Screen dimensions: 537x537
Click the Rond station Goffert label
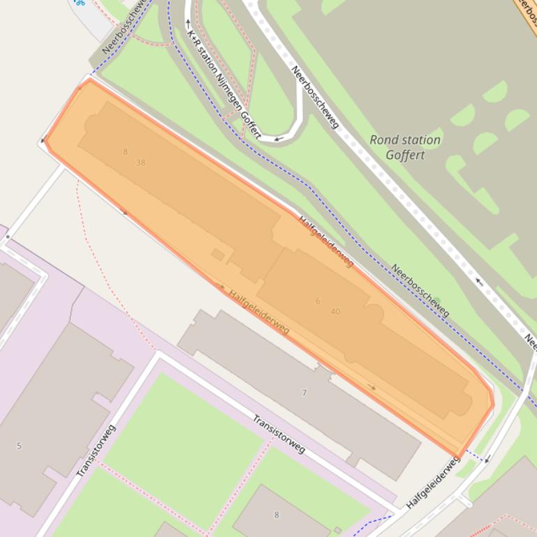tap(405, 147)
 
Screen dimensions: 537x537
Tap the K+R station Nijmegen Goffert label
tap(223, 78)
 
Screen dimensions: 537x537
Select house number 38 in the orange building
tap(141, 162)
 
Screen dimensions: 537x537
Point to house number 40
tap(335, 311)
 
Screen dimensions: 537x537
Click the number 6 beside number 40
tap(318, 301)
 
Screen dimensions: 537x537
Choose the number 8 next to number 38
tap(126, 151)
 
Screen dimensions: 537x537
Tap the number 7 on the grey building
tap(304, 393)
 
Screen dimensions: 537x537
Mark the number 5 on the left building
tap(19, 446)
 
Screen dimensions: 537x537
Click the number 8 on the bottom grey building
tap(276, 515)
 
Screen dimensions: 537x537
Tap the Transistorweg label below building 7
tap(279, 434)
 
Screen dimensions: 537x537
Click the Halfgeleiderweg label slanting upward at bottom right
tap(433, 482)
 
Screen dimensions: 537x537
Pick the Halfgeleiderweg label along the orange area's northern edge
tap(326, 241)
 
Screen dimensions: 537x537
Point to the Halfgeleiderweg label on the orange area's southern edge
tap(259, 312)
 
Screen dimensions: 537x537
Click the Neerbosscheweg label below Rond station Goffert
tap(419, 290)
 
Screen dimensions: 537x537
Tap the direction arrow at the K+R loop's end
tap(278, 139)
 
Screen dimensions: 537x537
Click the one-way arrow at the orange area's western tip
tap(44, 140)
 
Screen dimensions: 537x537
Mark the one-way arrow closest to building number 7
tap(372, 387)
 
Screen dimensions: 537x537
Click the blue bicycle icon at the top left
tap(80, 3)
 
